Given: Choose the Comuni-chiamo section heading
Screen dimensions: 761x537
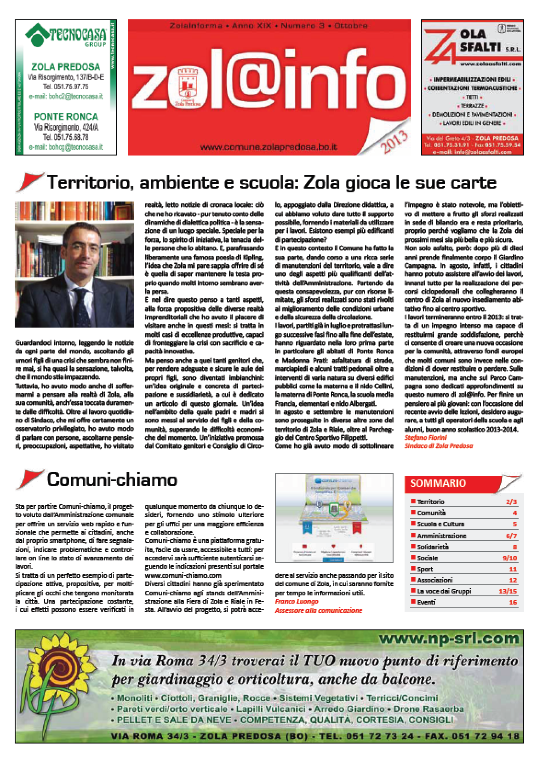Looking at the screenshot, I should click(112, 480).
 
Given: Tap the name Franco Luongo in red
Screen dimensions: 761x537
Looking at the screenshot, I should click(297, 601).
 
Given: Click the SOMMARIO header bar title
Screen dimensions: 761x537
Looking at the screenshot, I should click(438, 483).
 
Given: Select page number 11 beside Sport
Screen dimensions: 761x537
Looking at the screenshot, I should click(513, 569).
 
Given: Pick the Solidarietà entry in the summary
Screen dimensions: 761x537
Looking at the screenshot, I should click(433, 547).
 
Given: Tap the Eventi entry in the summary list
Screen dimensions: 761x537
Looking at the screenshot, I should click(426, 602).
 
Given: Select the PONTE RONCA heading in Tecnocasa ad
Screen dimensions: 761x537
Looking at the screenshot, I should click(66, 116).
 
